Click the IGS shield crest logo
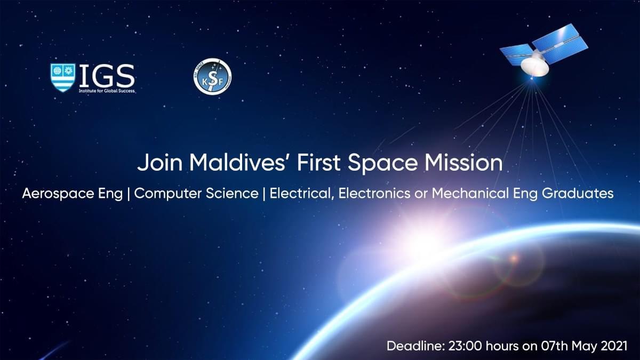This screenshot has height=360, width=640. pyautogui.click(x=63, y=78)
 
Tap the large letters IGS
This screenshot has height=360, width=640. pyautogui.click(x=107, y=76)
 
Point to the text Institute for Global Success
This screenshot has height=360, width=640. pyautogui.click(x=107, y=91)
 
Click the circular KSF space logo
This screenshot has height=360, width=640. pyautogui.click(x=212, y=77)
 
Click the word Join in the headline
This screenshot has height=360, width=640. pyautogui.click(x=159, y=163)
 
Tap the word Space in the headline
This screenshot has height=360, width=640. pyautogui.click(x=382, y=163)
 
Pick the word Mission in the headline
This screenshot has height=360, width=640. pyautogui.click(x=463, y=163)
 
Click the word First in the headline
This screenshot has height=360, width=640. pyautogui.click(x=319, y=163)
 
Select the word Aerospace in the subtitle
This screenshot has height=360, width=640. pyautogui.click(x=58, y=194)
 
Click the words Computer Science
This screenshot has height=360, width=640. pyautogui.click(x=196, y=194)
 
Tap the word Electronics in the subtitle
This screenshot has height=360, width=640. pyautogui.click(x=374, y=194)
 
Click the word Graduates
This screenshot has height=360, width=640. pyautogui.click(x=578, y=194)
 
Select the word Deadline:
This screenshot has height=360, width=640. pyautogui.click(x=416, y=346)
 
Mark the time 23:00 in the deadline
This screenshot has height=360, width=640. pyautogui.click(x=465, y=346)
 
